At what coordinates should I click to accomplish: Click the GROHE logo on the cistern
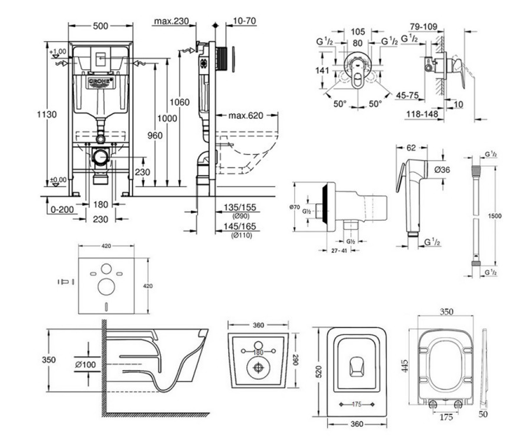click(101, 81)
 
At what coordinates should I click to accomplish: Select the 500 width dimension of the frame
click(100, 26)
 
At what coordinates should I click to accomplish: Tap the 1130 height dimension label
click(47, 114)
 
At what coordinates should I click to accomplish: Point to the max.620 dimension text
click(246, 116)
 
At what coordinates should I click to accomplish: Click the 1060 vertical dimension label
click(180, 102)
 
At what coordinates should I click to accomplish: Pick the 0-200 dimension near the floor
click(62, 209)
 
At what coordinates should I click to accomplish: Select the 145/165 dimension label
click(240, 226)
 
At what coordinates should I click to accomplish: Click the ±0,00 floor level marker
click(58, 180)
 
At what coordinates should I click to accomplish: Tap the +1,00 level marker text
click(58, 51)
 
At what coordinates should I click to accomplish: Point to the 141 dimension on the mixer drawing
click(322, 70)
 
